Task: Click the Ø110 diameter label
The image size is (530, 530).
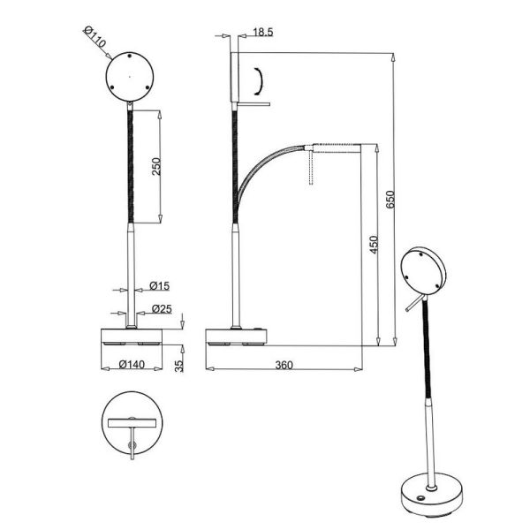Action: pyautogui.click(x=94, y=38)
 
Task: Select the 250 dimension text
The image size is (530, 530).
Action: pyautogui.click(x=156, y=167)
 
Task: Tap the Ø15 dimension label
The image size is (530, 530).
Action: pyautogui.click(x=159, y=285)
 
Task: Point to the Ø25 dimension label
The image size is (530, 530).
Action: pyautogui.click(x=161, y=308)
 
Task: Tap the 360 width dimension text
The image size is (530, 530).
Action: pyautogui.click(x=284, y=364)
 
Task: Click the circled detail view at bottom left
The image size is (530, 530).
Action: pyautogui.click(x=132, y=428)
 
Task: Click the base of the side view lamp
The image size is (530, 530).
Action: pyautogui.click(x=236, y=337)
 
